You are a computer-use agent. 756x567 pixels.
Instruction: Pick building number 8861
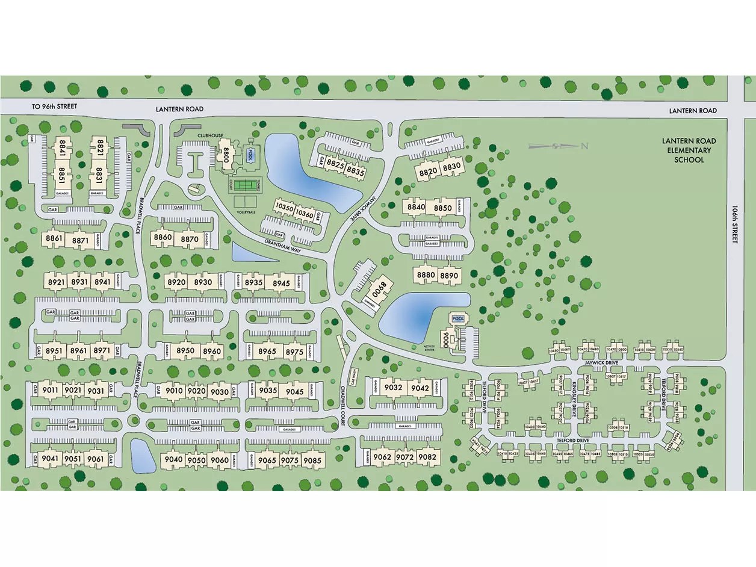coord(54,238)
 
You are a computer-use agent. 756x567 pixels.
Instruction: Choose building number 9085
coord(312,460)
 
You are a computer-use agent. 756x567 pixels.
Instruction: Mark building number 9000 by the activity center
coord(446,339)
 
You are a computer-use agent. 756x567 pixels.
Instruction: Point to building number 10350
coord(283,208)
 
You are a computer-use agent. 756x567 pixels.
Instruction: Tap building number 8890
coord(449,276)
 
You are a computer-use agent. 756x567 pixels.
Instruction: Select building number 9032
coord(393,388)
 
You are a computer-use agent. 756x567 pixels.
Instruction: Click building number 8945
coord(281,283)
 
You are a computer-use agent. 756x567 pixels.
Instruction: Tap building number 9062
coord(382,457)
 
